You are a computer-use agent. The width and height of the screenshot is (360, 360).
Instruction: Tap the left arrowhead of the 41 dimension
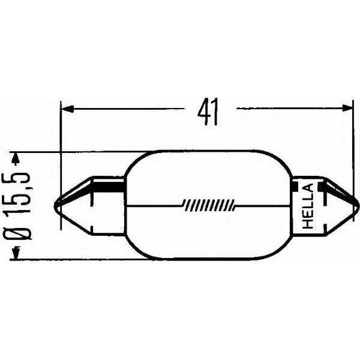point(67,109)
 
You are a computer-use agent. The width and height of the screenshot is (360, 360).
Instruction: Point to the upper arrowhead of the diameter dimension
point(17,158)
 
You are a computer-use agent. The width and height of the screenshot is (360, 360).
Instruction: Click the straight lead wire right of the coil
point(258,206)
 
